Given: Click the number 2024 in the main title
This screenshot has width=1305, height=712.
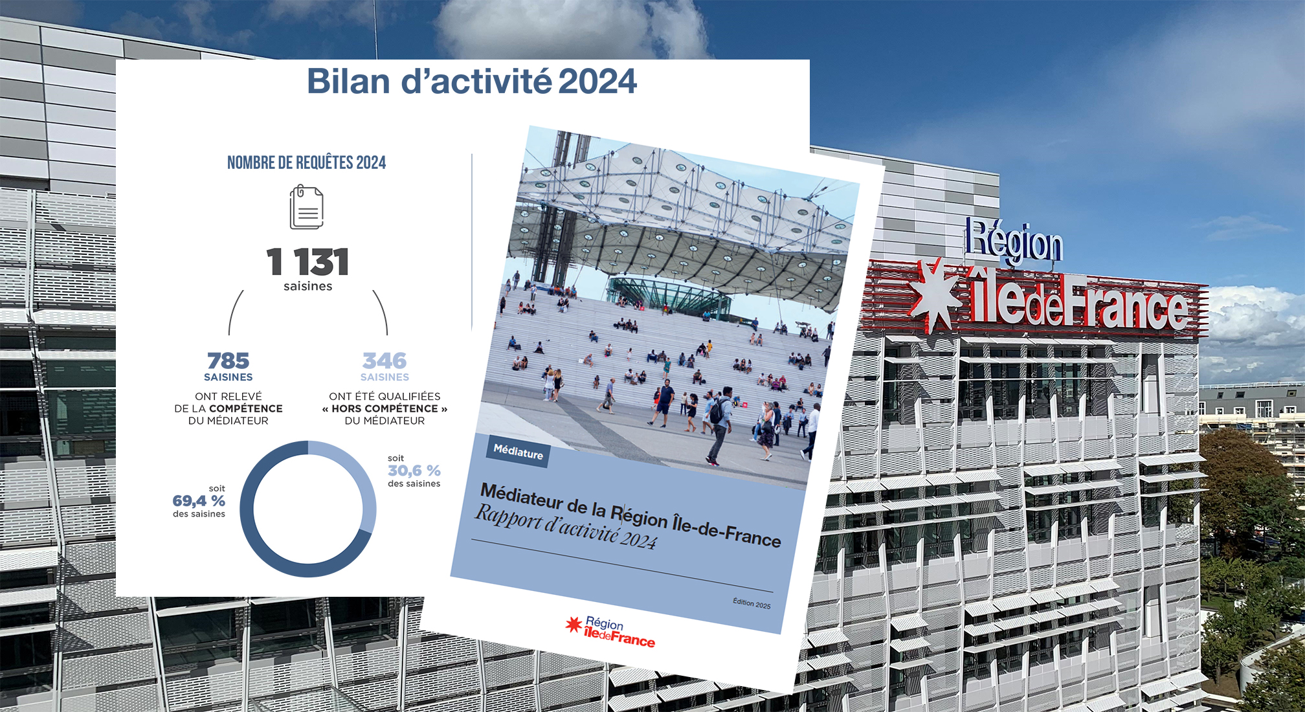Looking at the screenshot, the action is [597, 82].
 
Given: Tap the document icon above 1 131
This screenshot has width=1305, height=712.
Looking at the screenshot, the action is [306, 207].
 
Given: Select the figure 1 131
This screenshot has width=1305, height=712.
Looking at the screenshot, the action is [307, 262].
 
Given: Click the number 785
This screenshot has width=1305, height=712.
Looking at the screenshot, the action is [229, 361].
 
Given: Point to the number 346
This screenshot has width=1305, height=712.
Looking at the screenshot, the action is [385, 361].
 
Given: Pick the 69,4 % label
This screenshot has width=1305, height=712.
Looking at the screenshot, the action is [199, 501].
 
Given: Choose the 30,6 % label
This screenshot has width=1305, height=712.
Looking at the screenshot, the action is [414, 471].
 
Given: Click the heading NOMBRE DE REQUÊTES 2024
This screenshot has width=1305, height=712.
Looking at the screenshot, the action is [306, 162].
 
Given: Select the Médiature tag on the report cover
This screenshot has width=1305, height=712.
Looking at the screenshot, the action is [519, 451].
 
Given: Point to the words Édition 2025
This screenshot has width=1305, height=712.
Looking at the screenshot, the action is [752, 603].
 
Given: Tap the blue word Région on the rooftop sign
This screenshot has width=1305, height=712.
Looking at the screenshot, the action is [1014, 241].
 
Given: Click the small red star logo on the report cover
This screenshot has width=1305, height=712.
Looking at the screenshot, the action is [574, 624].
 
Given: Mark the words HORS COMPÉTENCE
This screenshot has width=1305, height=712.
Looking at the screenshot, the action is [385, 408].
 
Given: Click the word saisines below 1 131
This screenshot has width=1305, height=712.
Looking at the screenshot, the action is [307, 286].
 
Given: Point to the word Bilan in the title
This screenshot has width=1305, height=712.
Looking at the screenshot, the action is [348, 82].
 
